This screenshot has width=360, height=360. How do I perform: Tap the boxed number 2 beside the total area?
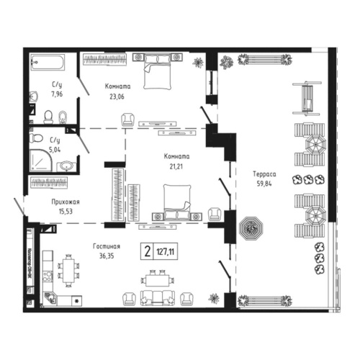pyautogui.click(x=148, y=252)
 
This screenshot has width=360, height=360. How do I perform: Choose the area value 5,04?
pyautogui.click(x=55, y=148)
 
